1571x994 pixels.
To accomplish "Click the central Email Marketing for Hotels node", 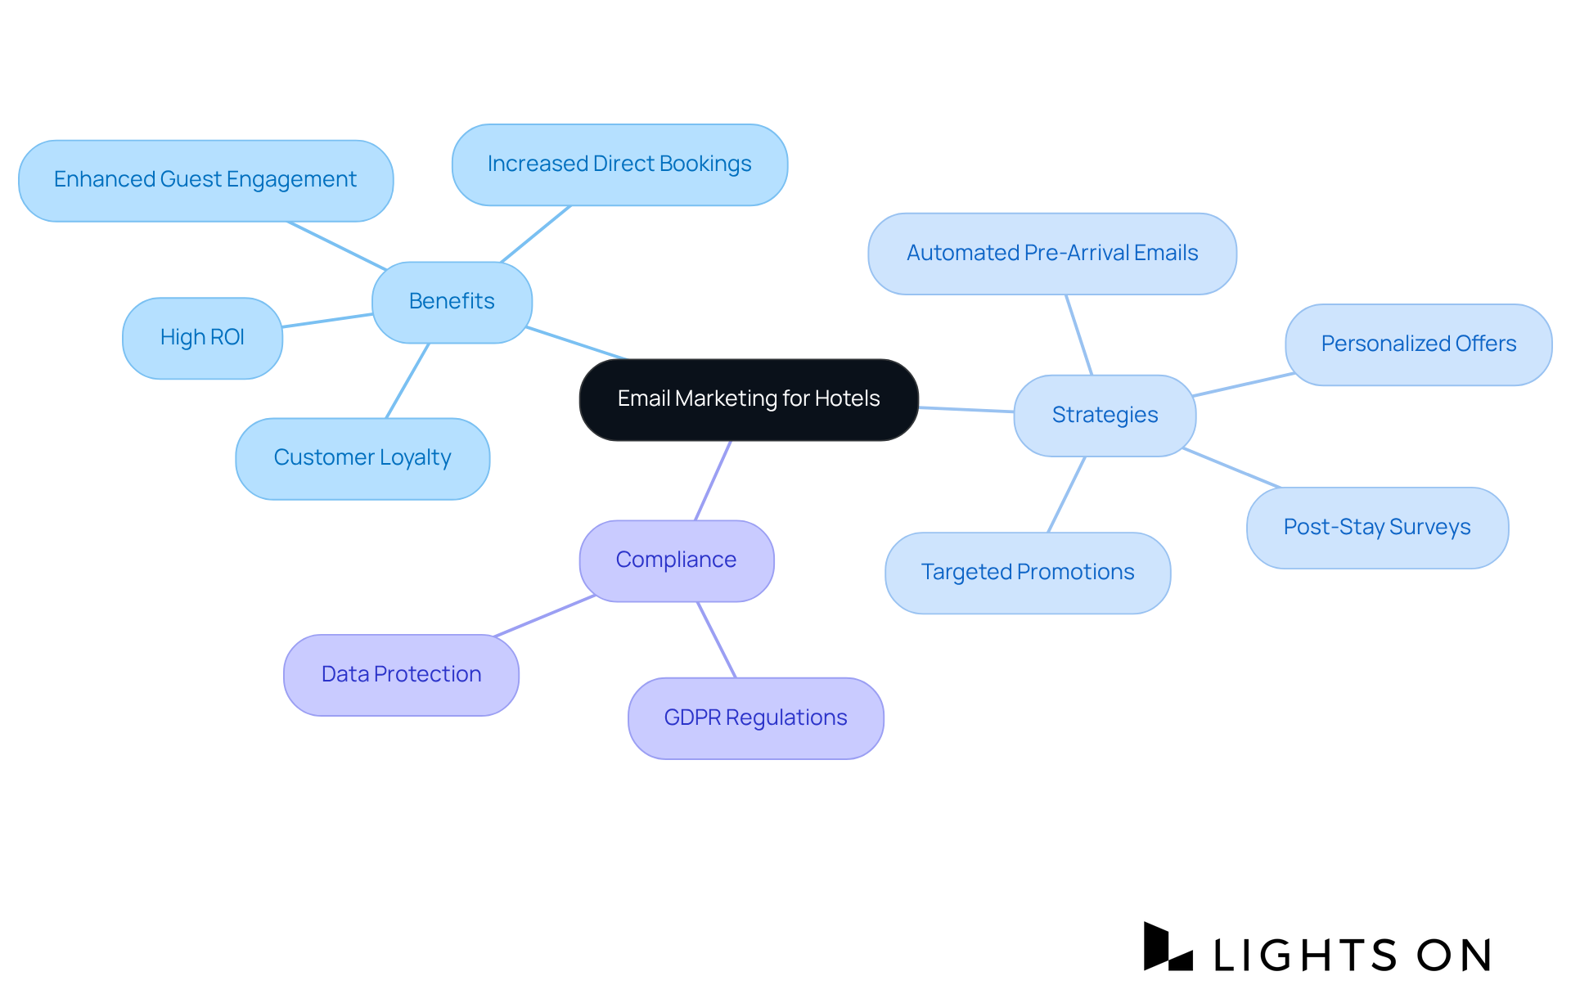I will tap(749, 399).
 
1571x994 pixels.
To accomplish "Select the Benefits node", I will tap(452, 302).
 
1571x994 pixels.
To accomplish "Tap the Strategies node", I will tap(1105, 416).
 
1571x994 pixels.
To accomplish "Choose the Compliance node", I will tap(676, 560).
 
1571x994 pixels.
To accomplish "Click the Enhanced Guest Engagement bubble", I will tap(205, 180).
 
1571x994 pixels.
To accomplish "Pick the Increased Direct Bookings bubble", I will tap(619, 164).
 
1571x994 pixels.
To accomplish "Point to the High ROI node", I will tap(202, 338).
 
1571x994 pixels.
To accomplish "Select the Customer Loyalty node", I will tap(362, 458).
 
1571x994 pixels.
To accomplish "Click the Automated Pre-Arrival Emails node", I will tap(1052, 254).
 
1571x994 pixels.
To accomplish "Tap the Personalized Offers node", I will tap(1418, 344).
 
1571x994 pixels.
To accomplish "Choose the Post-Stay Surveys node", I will tap(1377, 528).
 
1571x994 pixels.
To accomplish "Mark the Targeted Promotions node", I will tap(1028, 573).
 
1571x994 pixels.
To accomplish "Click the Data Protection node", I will tap(401, 675).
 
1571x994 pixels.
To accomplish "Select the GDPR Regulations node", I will tap(755, 718).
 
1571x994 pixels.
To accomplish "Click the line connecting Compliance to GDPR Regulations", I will tap(717, 640).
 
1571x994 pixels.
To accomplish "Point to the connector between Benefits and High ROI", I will tap(327, 321).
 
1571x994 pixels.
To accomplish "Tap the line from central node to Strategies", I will tap(966, 409).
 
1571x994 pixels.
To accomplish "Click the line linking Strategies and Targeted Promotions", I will tap(1066, 494).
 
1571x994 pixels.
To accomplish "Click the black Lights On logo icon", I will tap(1167, 948).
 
